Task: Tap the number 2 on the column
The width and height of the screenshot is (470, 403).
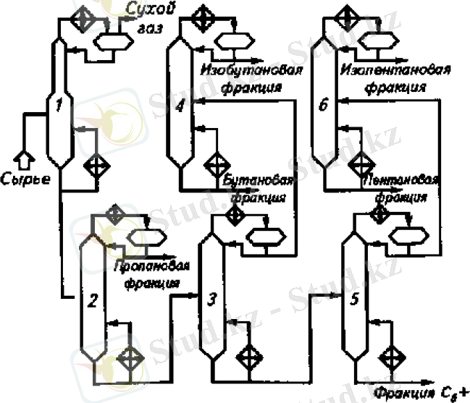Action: [x=92, y=302]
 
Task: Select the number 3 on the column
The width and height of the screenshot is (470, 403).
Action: [x=211, y=299]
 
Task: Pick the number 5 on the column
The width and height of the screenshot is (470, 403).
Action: [x=353, y=299]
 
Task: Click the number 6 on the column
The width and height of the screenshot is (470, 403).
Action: [x=323, y=107]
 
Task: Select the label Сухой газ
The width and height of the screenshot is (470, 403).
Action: [x=156, y=18]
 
